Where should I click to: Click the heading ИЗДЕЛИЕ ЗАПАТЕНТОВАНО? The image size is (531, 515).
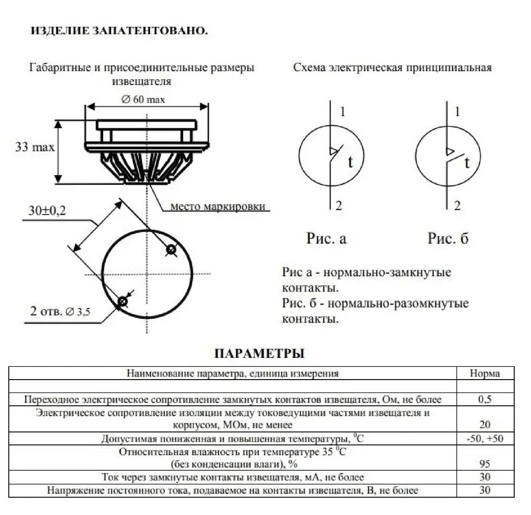pos(119,31)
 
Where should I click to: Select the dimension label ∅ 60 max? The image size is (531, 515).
pos(143,100)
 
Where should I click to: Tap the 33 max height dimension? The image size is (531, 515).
pos(35,147)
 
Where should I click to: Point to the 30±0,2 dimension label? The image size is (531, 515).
pos(47,211)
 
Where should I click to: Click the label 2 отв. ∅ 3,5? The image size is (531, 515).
pos(60,311)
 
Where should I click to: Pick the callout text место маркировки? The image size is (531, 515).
pos(218,206)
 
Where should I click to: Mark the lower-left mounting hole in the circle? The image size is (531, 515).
pos(122,302)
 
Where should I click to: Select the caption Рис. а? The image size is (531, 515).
pos(326,238)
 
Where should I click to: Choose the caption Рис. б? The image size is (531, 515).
pos(448,238)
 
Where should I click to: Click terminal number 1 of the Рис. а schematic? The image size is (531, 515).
pos(342,111)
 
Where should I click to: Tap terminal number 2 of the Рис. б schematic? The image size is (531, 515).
pos(457,205)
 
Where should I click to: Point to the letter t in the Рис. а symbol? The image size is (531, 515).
pos(350,162)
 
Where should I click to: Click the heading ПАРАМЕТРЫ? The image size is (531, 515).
pos(259,354)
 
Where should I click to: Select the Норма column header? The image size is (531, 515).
pos(485,373)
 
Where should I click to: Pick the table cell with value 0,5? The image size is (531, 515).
pos(485,399)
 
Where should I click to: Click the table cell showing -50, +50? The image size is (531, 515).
pos(485,438)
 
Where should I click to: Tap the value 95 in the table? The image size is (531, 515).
pos(485,464)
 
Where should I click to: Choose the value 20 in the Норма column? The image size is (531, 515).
pos(485,424)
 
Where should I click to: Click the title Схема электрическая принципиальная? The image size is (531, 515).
pos(392,68)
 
